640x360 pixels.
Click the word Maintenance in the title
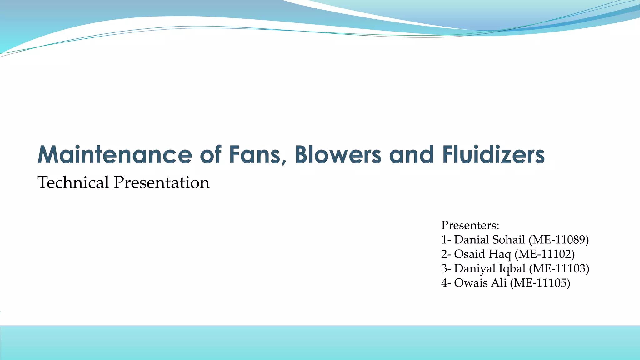[115, 155]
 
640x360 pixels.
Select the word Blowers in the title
[338, 155]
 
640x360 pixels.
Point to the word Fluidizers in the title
[493, 155]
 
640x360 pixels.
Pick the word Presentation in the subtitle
[162, 182]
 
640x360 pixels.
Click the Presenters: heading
[470, 225]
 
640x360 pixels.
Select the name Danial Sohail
[489, 240]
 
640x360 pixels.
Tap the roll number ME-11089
[558, 240]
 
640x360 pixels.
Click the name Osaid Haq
[482, 254]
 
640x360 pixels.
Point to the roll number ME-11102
[545, 254]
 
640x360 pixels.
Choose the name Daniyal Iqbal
[490, 268]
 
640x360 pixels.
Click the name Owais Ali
[480, 283]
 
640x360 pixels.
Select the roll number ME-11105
[540, 283]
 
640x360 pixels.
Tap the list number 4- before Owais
[446, 283]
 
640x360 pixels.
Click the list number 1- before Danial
[446, 240]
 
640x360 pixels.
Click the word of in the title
[211, 155]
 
